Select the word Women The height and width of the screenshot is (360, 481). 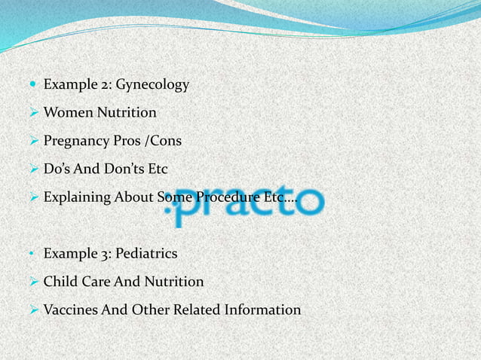click(x=65, y=113)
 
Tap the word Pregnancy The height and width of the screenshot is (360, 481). click(x=76, y=141)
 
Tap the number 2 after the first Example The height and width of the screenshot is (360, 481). click(x=101, y=85)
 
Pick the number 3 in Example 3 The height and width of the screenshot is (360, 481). click(x=101, y=254)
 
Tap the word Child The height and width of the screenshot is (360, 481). click(x=59, y=282)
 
